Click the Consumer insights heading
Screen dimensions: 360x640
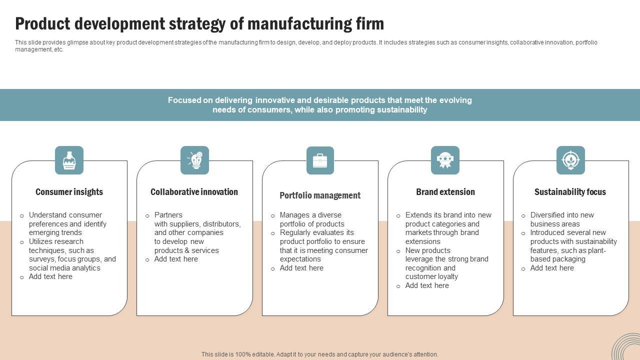pos(69,192)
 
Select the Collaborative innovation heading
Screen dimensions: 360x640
pos(194,192)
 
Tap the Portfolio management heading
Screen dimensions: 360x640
pos(320,195)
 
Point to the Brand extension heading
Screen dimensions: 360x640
pos(445,192)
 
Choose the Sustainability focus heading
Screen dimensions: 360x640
pos(570,192)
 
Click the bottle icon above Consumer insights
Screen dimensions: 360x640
pos(69,160)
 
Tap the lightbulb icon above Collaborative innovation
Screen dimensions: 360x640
pos(194,160)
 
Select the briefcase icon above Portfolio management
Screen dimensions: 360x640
pos(320,160)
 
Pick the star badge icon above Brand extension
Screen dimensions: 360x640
pos(445,160)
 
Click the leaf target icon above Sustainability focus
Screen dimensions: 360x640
pos(570,160)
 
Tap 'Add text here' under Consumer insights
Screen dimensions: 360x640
pos(50,276)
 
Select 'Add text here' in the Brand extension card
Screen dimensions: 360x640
pos(427,285)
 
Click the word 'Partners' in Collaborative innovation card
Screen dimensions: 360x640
pos(168,215)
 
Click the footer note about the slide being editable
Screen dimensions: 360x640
pos(320,354)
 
